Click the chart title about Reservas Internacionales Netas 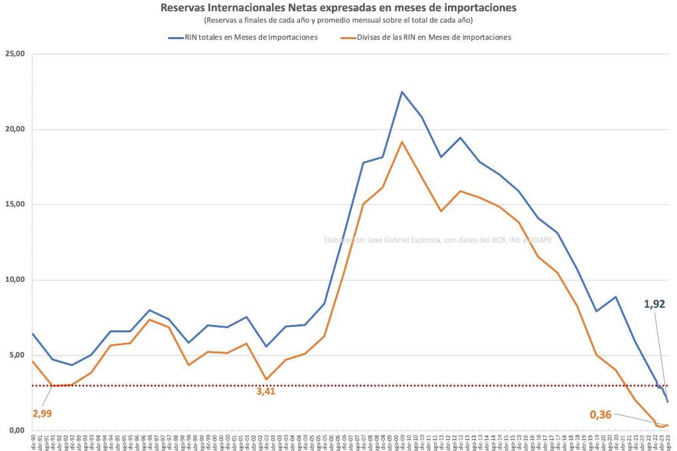338,8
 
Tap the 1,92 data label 655,304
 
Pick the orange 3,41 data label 265,391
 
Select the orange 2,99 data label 41,413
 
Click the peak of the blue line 402,92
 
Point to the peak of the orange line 402,142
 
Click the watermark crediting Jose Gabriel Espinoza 437,240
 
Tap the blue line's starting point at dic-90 33,334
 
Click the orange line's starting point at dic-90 33,361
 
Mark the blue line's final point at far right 667,401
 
